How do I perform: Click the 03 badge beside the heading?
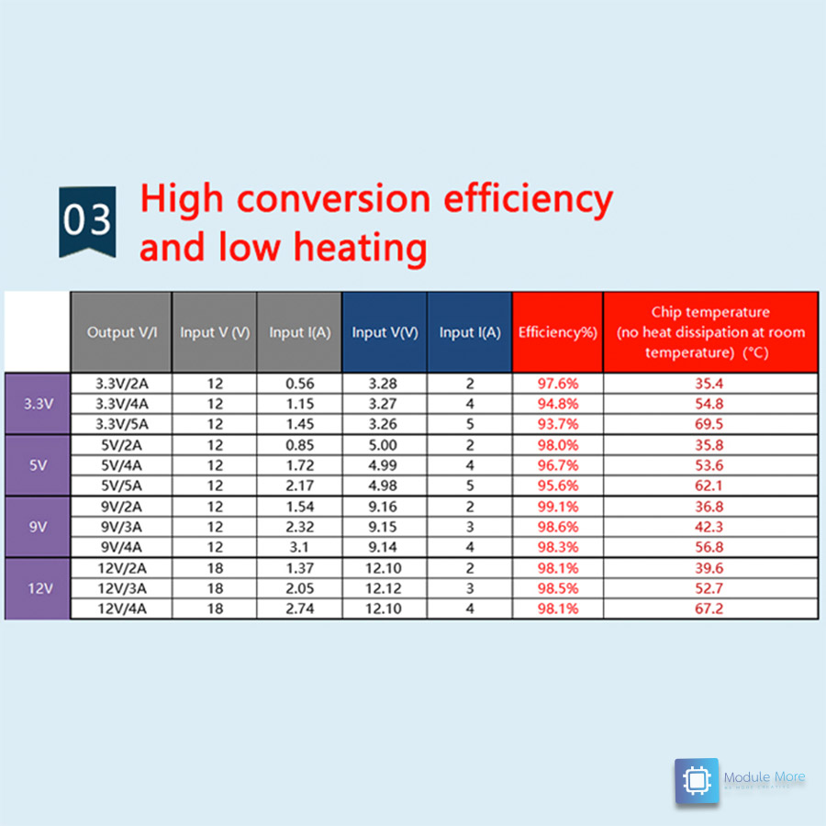[x=87, y=222]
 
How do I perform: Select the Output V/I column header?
[x=122, y=332]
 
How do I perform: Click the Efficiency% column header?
[x=557, y=332]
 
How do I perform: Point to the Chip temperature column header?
[x=710, y=332]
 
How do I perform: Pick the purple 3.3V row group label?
[x=38, y=402]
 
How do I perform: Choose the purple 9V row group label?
[x=38, y=527]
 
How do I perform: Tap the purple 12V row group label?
[x=38, y=588]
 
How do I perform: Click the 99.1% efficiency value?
[x=557, y=507]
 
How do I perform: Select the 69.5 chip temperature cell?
[x=709, y=424]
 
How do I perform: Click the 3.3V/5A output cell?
[x=122, y=424]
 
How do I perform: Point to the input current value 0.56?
[x=299, y=384]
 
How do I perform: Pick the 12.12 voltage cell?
[x=385, y=588]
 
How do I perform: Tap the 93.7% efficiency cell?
[x=557, y=424]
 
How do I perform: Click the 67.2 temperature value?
[x=709, y=608]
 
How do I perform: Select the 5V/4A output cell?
[x=122, y=465]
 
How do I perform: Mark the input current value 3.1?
[x=299, y=547]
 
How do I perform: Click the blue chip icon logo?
[x=697, y=781]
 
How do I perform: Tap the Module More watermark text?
[x=764, y=777]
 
